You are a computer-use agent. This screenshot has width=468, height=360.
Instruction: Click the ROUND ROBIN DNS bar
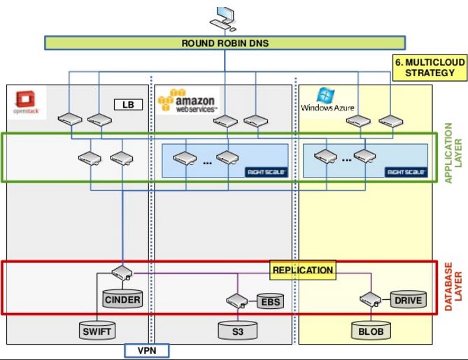[x=225, y=43]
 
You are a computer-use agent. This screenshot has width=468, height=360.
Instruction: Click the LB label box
[x=128, y=105]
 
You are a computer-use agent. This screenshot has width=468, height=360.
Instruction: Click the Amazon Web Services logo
[x=187, y=101]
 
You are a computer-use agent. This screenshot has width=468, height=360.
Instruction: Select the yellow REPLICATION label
[x=302, y=270]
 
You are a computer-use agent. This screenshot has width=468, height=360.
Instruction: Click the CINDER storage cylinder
[x=122, y=299]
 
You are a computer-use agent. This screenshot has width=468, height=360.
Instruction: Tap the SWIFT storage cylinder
[x=97, y=331]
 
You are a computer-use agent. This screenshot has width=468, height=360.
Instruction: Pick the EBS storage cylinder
[x=269, y=301]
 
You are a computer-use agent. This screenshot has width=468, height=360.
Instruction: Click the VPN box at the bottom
[x=146, y=350]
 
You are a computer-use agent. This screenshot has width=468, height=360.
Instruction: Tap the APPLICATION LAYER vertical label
[x=454, y=154]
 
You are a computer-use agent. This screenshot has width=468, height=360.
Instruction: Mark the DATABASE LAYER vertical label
[x=454, y=287]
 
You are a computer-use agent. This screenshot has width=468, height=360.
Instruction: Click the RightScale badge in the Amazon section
[x=267, y=171]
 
